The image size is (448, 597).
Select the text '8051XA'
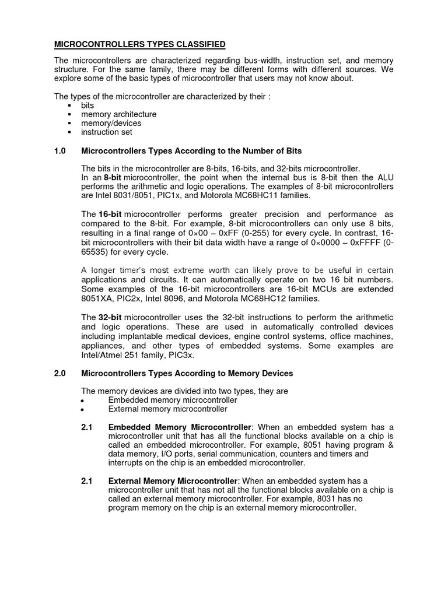(x=97, y=298)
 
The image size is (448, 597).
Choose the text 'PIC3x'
(x=184, y=354)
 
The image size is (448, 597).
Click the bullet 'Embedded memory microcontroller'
(x=173, y=400)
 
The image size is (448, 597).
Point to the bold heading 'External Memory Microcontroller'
(x=174, y=480)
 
